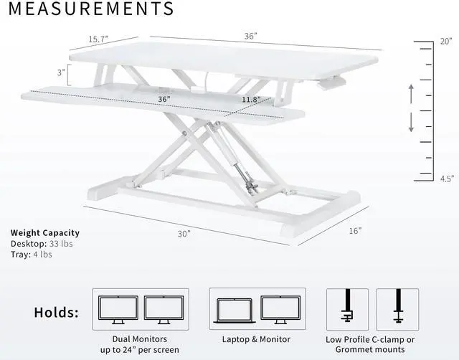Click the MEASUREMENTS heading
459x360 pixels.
[x=91, y=9]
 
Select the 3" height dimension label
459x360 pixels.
[x=62, y=72]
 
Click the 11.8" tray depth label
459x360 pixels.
[x=251, y=99]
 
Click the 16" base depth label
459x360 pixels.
[x=355, y=230]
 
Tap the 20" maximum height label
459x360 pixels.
[x=445, y=42]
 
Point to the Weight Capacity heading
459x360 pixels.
[x=44, y=233]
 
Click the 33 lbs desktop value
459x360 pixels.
[x=62, y=244]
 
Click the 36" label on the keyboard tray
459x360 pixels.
[x=164, y=99]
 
